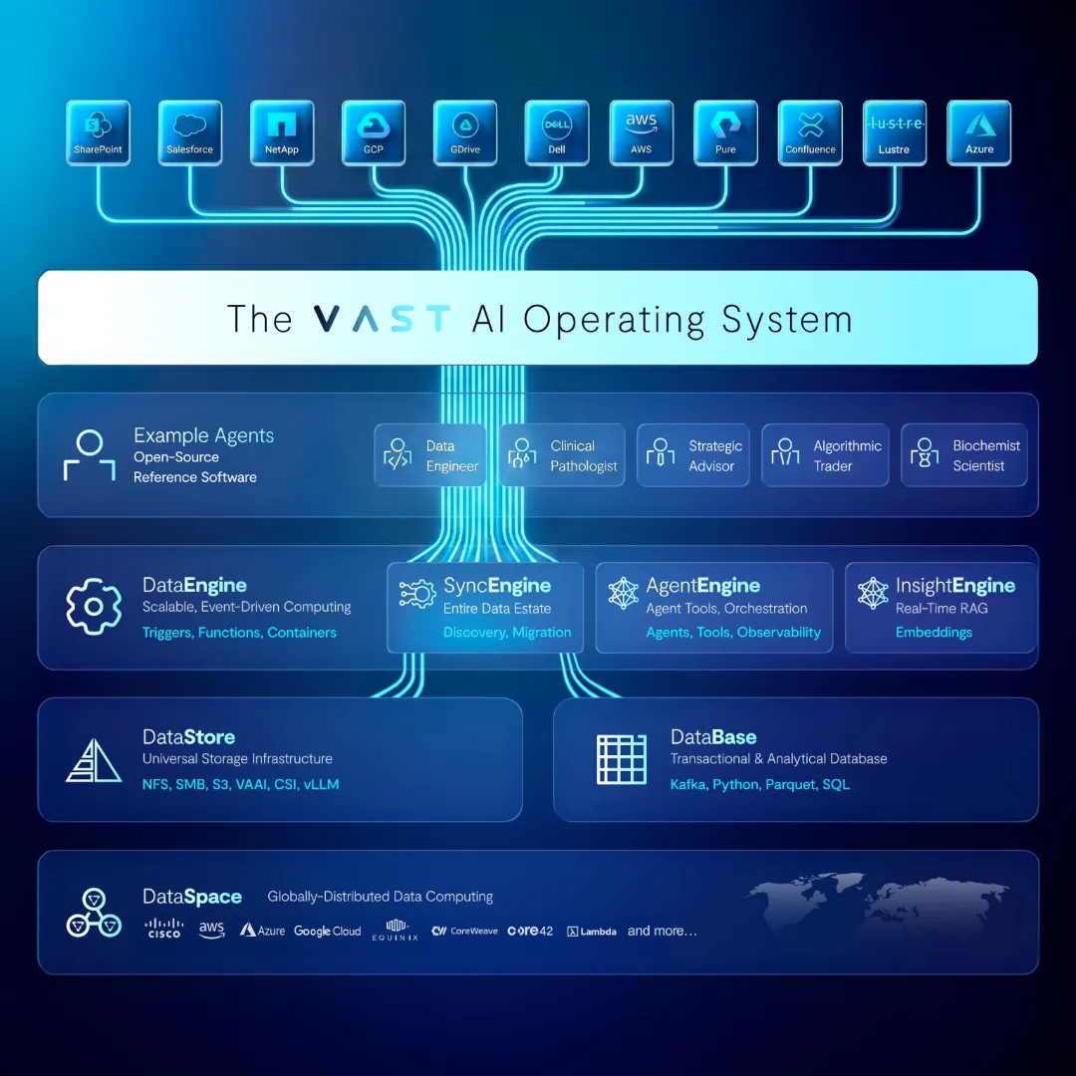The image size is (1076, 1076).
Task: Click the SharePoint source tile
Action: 98,134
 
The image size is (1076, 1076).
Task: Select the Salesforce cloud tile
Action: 189,134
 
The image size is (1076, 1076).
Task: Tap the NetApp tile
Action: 282,134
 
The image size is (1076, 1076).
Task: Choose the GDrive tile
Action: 465,134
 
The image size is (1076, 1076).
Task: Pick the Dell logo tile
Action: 556,134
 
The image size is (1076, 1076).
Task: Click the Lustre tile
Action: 894,134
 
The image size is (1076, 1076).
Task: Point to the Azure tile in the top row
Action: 979,134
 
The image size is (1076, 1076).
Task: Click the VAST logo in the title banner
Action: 381,319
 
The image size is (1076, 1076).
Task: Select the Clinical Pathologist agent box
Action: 562,455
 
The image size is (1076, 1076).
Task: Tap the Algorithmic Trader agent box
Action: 825,455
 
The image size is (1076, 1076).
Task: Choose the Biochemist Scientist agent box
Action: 963,455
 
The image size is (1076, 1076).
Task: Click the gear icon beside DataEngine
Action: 93,606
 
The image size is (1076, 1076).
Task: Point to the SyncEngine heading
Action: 497,586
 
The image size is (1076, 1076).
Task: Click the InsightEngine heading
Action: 955,586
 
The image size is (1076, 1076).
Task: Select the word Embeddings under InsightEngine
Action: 934,633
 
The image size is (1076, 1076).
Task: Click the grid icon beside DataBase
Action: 622,759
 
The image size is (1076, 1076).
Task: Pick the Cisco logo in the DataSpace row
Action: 163,930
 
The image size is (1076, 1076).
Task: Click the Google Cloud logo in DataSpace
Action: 327,931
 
